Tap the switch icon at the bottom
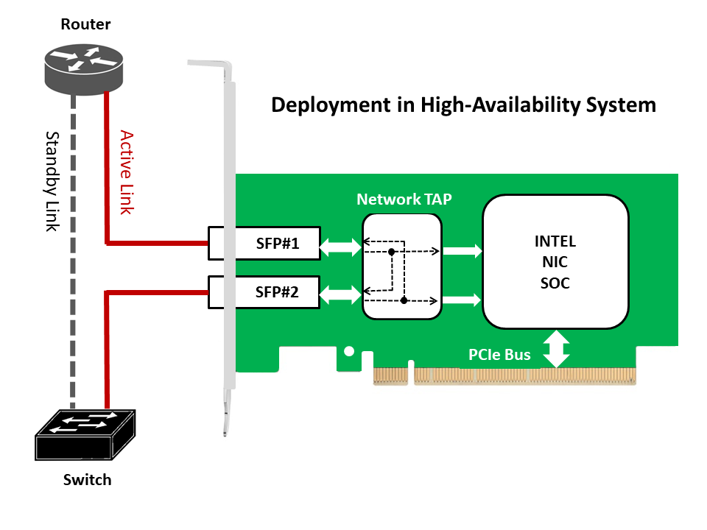click(85, 434)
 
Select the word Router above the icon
click(85, 24)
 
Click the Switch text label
click(87, 480)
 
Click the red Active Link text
click(126, 172)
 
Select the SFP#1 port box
click(264, 244)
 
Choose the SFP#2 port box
click(264, 291)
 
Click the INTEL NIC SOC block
click(555, 261)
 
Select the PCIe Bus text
click(499, 355)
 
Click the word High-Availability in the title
click(498, 105)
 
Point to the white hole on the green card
click(350, 352)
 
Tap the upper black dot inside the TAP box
click(392, 252)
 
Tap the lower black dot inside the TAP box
click(404, 300)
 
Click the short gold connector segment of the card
click(391, 375)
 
